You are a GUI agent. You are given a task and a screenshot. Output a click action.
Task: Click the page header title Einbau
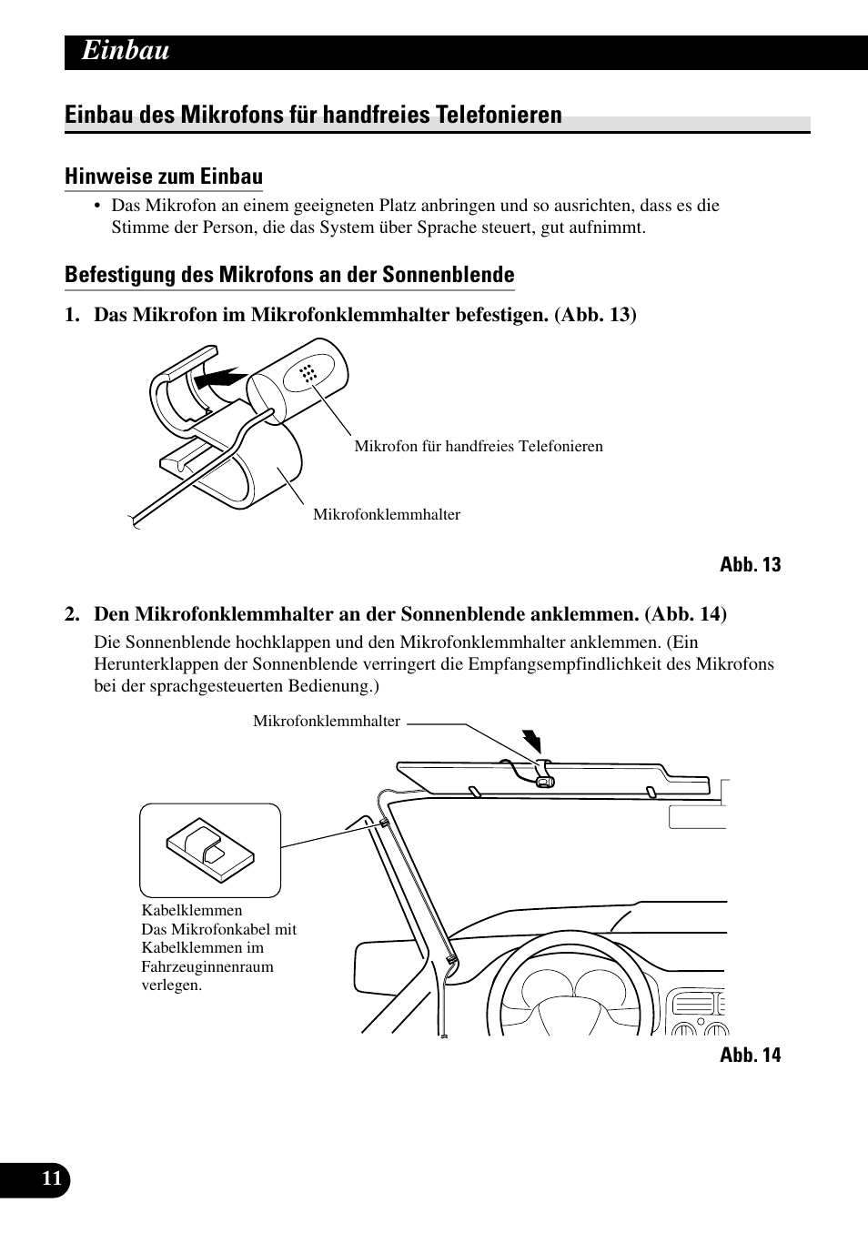pyautogui.click(x=126, y=51)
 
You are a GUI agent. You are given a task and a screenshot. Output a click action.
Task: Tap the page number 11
pyautogui.click(x=52, y=1179)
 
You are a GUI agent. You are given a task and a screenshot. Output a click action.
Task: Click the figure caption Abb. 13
pyautogui.click(x=750, y=565)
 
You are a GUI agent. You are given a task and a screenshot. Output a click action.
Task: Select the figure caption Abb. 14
pyautogui.click(x=750, y=1056)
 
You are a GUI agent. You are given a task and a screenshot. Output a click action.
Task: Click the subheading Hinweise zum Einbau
pyautogui.click(x=164, y=177)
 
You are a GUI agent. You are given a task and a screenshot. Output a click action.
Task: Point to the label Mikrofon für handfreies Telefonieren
pyautogui.click(x=478, y=446)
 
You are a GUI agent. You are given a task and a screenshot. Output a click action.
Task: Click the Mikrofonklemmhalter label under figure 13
pyautogui.click(x=387, y=515)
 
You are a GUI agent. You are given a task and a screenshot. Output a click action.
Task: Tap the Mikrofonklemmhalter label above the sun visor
pyautogui.click(x=327, y=722)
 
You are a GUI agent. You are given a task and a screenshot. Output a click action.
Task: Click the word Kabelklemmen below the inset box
pyautogui.click(x=192, y=911)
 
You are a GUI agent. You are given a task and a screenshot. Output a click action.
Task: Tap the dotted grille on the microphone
pyautogui.click(x=308, y=373)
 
